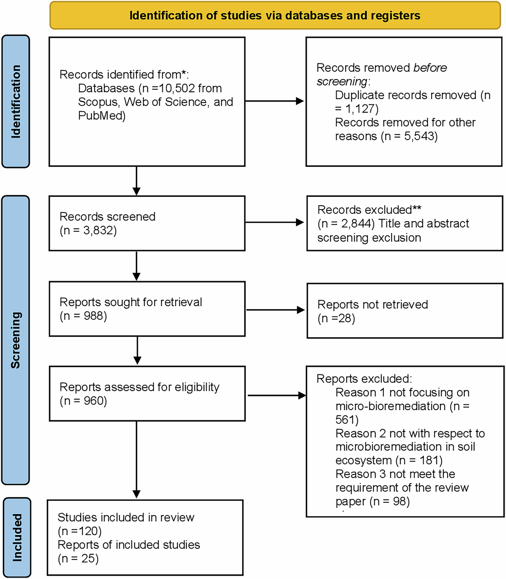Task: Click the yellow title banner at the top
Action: pos(275,15)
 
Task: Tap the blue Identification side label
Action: pos(16,101)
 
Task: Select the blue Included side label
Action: pos(17,537)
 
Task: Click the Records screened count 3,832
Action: pos(99,231)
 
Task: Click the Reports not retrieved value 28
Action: pos(346,318)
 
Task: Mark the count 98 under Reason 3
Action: pos(400,501)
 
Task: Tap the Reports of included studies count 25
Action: pos(89,559)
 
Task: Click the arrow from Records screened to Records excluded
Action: pos(275,222)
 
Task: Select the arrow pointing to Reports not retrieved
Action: pos(275,310)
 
